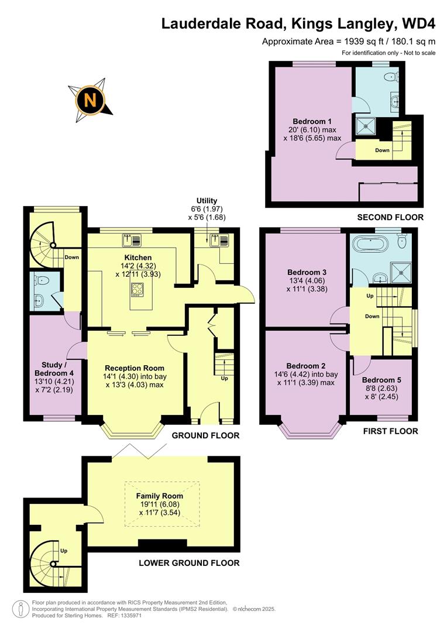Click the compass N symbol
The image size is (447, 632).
(x=90, y=99)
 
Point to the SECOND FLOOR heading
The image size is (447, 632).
(x=390, y=217)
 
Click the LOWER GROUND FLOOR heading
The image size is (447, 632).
(x=189, y=563)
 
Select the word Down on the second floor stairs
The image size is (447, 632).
(x=382, y=150)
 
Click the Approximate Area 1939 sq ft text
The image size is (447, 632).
(x=349, y=42)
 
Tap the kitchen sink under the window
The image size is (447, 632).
(x=130, y=240)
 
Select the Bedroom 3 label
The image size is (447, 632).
(x=307, y=272)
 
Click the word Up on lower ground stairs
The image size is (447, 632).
(x=64, y=551)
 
